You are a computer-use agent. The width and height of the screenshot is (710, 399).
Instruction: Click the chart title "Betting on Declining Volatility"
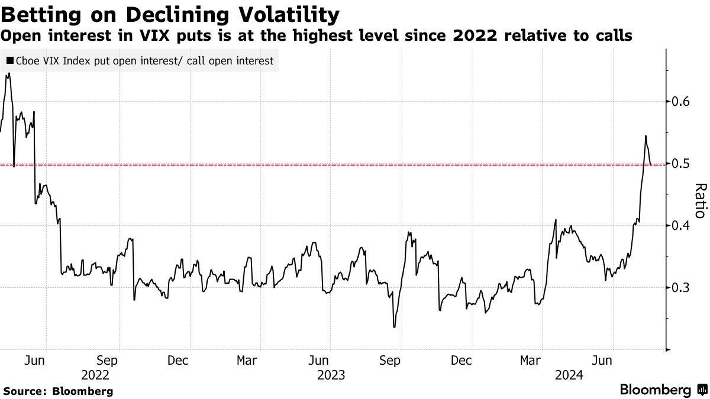tap(170, 14)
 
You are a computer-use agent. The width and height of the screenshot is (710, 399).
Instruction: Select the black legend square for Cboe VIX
tap(10, 61)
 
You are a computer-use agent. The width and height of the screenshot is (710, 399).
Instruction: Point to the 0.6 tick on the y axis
tap(679, 102)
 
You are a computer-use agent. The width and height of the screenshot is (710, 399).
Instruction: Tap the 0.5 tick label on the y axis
tap(679, 164)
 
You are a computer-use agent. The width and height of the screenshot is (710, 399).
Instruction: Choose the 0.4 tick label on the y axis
tap(679, 226)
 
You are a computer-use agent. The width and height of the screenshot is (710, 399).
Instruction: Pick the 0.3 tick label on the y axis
tap(679, 288)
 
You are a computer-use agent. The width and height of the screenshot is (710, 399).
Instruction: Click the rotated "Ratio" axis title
tap(699, 201)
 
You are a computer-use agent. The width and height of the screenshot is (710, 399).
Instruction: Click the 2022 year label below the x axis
tap(95, 375)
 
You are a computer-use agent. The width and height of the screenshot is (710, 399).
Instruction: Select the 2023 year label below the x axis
tap(331, 375)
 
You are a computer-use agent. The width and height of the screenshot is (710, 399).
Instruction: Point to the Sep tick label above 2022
tap(107, 360)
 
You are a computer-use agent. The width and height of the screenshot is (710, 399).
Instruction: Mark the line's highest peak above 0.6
tap(9, 74)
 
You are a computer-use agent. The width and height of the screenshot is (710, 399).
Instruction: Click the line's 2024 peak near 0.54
tap(646, 136)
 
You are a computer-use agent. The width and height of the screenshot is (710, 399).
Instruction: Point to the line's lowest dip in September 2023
tap(394, 327)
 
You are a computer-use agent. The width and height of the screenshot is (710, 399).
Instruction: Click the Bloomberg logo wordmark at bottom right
tap(655, 390)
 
